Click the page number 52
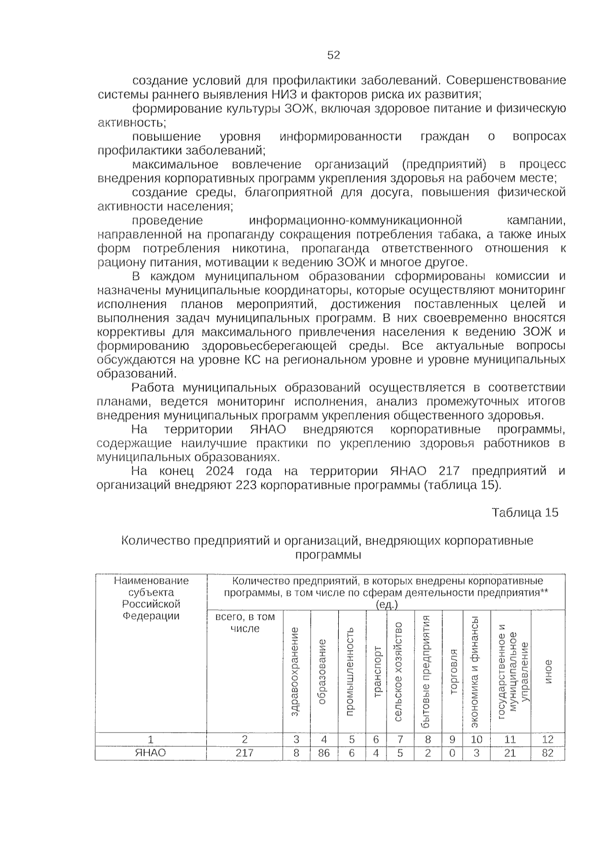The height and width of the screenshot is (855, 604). [x=333, y=55]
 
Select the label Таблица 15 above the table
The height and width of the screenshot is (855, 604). [x=525, y=513]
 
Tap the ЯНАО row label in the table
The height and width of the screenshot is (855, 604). [x=150, y=753]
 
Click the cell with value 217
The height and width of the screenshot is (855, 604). [x=245, y=753]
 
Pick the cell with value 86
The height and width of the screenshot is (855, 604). [x=324, y=753]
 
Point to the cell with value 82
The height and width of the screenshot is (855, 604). [x=548, y=753]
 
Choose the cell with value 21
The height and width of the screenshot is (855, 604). [x=510, y=753]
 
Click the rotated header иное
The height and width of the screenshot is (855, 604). [x=548, y=672]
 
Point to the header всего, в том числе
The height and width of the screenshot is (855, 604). [x=245, y=623]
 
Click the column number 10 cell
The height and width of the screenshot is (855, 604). [x=476, y=739]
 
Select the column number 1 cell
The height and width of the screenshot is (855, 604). [x=150, y=739]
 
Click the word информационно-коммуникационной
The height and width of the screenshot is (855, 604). [x=355, y=221]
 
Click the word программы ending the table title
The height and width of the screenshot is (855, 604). [x=328, y=554]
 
